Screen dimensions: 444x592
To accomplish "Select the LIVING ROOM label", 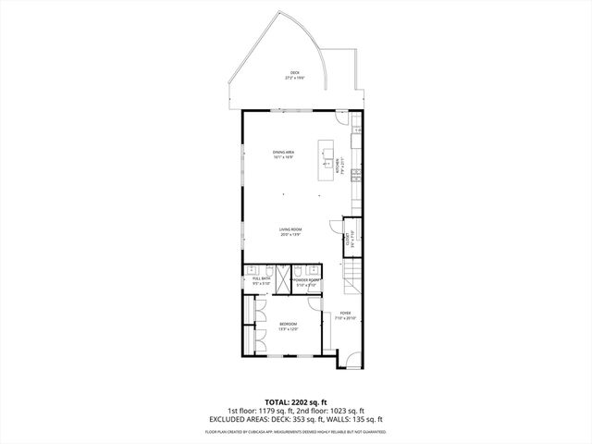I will point(291,231).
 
